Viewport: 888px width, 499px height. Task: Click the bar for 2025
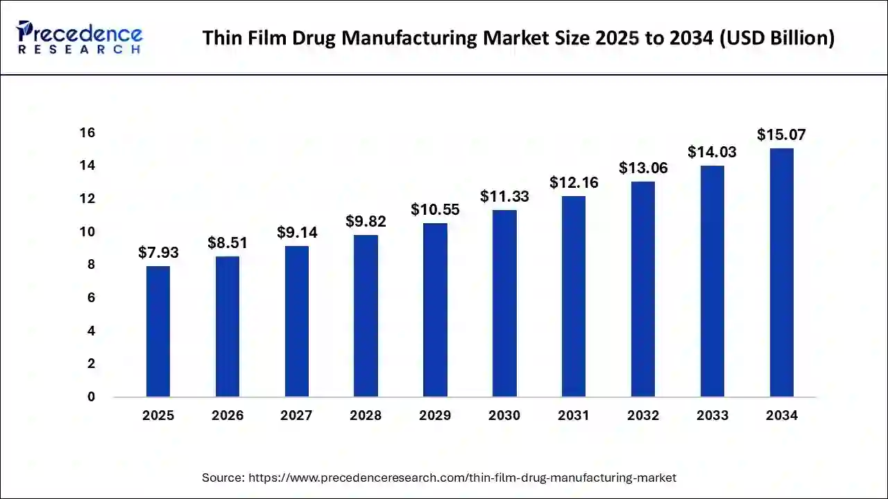coord(158,331)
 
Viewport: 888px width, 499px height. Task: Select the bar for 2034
coord(781,272)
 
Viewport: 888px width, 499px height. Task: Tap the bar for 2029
coord(435,310)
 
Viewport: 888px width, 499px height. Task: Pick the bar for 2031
coord(574,297)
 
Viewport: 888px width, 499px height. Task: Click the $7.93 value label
coord(158,253)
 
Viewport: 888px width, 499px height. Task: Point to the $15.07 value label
coord(781,134)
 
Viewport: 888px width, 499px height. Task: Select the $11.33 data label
coord(504,197)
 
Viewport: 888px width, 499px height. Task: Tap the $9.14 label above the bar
coord(297,233)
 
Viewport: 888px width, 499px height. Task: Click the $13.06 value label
coord(643,168)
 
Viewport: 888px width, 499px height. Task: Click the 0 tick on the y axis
coord(90,397)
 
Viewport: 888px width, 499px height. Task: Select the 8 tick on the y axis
coord(90,265)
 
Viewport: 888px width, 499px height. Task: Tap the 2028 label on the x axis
coord(366,416)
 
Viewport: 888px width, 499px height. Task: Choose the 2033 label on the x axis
coord(712,416)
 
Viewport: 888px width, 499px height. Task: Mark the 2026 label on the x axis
coord(228,416)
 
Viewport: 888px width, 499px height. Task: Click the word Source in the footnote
coord(222,478)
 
